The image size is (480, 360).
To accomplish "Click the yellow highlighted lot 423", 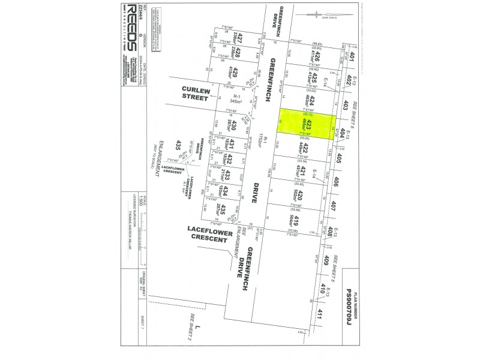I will [309, 124].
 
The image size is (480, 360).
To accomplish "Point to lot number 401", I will [353, 58].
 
